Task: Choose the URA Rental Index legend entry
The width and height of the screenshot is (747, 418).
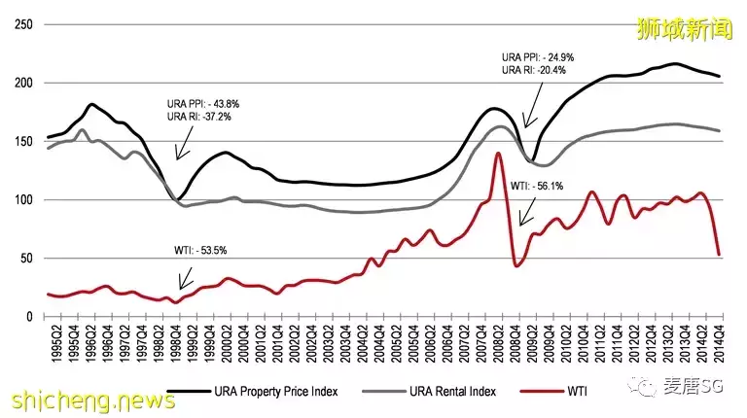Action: point(444,393)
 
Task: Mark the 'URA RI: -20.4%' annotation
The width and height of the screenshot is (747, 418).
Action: point(532,71)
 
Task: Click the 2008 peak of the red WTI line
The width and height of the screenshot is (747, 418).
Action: point(498,154)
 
